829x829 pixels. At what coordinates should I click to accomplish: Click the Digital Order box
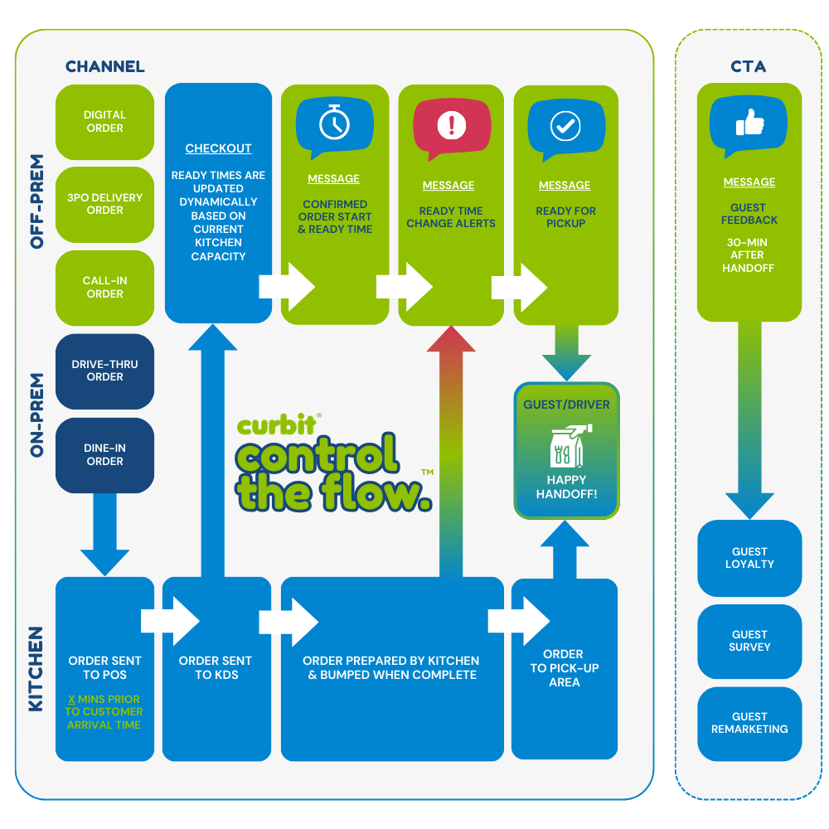[x=104, y=122]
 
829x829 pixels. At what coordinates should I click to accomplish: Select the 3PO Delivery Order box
[x=104, y=204]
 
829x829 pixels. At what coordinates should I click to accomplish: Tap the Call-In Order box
[x=104, y=288]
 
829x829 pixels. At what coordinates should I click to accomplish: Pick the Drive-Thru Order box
[x=104, y=371]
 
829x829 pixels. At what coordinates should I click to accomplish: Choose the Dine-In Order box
[x=104, y=454]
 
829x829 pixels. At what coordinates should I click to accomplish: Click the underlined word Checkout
[x=218, y=148]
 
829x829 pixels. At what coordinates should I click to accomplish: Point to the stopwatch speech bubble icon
[x=334, y=125]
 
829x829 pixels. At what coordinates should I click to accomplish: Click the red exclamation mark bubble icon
[x=451, y=126]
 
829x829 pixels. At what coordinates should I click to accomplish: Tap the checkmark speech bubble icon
[x=565, y=126]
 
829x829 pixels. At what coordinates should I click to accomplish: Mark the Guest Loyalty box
[x=749, y=558]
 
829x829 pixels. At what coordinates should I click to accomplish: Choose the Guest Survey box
[x=749, y=641]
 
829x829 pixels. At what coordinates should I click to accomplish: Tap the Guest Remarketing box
[x=749, y=723]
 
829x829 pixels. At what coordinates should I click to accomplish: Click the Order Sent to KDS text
[x=216, y=668]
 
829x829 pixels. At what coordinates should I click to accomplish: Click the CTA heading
[x=749, y=66]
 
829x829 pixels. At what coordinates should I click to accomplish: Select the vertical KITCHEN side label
[x=36, y=669]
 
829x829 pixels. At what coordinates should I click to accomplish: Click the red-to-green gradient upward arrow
[x=451, y=448]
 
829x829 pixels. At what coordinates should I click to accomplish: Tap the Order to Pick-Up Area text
[x=564, y=668]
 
